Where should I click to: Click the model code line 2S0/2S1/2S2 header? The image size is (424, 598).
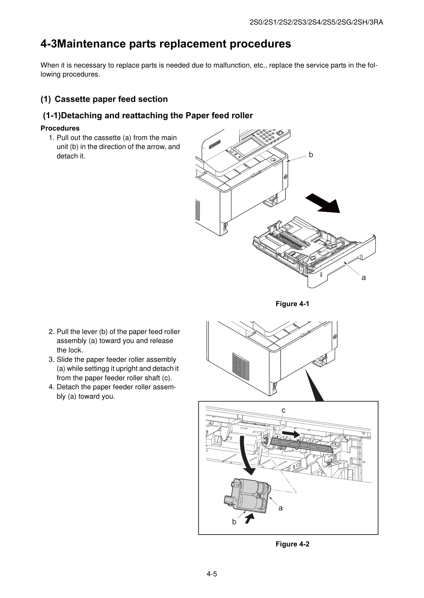coord(316,23)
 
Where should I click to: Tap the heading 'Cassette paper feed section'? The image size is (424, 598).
coord(111,99)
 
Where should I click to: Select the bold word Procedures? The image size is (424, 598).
coord(60,128)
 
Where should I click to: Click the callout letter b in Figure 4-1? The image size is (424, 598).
coord(311,155)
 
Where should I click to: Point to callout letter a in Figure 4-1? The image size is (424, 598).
coord(364,278)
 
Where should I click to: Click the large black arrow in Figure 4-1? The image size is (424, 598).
coord(323,203)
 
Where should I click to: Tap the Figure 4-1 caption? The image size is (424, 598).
coord(292,304)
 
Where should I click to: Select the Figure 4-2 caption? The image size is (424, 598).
coord(292,544)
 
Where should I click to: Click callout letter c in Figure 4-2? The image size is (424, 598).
coord(283,410)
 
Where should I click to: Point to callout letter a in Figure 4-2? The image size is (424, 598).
coord(281,508)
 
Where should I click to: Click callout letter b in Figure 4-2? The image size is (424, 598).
coord(234,521)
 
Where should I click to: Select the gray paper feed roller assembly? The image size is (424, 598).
coord(247,496)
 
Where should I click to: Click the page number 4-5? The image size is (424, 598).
coord(212,574)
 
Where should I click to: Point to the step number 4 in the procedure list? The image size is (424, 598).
coord(51,387)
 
